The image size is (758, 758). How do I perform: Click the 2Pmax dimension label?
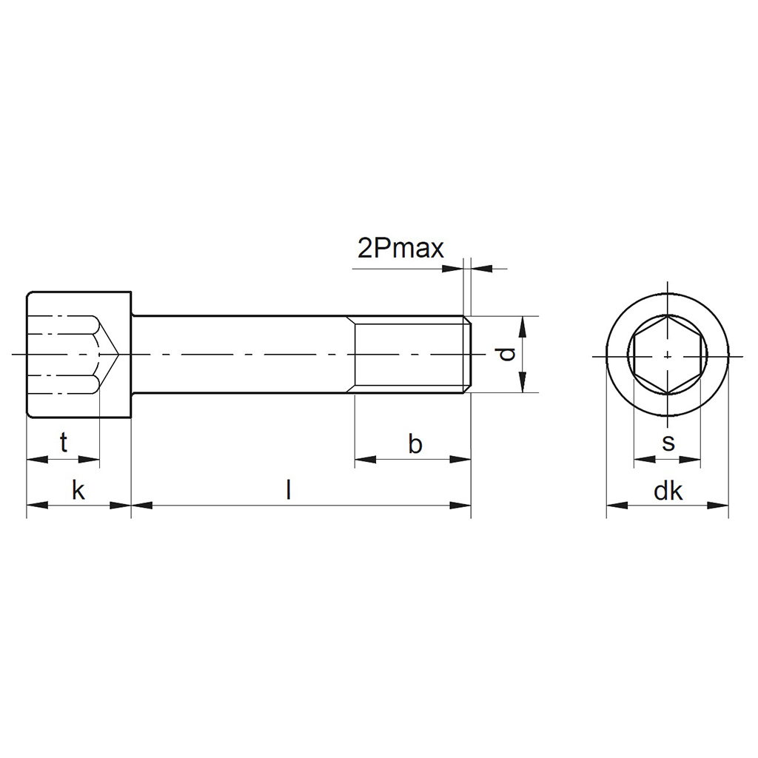click(400, 249)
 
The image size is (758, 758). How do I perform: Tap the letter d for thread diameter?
click(506, 355)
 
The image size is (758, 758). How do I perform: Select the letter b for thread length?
click(415, 444)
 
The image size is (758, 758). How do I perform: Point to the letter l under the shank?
click(289, 489)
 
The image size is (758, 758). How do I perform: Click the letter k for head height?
click(78, 490)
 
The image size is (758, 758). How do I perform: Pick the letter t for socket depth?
click(64, 443)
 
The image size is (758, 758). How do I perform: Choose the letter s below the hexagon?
click(668, 443)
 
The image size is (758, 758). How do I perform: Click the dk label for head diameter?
click(668, 491)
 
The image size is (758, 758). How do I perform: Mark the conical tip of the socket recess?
click(111, 355)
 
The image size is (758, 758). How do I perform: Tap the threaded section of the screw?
click(411, 355)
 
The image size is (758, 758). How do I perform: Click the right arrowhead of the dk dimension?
click(719, 506)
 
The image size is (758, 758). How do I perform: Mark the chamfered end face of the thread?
click(469, 355)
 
